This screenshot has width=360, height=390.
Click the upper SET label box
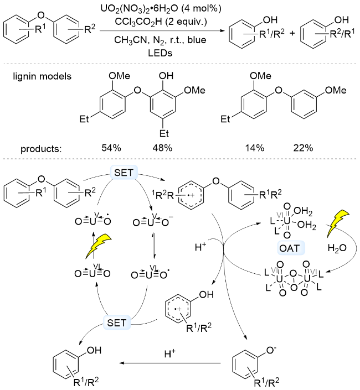pyautogui.click(x=124, y=172)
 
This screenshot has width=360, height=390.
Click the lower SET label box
pyautogui.click(x=117, y=323)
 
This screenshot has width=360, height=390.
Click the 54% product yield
pyautogui.click(x=111, y=148)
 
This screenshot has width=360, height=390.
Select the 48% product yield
pyautogui.click(x=162, y=148)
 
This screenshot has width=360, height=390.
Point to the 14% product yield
pyautogui.click(x=254, y=148)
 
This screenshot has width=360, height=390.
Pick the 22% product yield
pyautogui.click(x=303, y=148)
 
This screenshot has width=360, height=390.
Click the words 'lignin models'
pyautogui.click(x=42, y=76)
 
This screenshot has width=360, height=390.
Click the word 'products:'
pyautogui.click(x=41, y=149)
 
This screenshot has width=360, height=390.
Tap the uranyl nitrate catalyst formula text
pyautogui.click(x=161, y=9)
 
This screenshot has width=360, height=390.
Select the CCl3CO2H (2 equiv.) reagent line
pyautogui.click(x=161, y=22)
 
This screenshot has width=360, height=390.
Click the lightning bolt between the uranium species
pyautogui.click(x=98, y=246)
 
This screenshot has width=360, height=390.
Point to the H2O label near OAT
pyautogui.click(x=337, y=248)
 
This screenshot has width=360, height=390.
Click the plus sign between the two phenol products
pyautogui.click(x=292, y=33)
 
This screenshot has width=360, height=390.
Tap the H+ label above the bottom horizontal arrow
pyautogui.click(x=170, y=353)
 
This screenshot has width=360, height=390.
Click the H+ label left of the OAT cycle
pyautogui.click(x=200, y=247)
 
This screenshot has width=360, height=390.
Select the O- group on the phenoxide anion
pyautogui.click(x=271, y=351)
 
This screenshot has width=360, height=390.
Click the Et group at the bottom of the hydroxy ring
pyautogui.click(x=164, y=133)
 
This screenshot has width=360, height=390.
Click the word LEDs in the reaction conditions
pyautogui.click(x=160, y=53)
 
